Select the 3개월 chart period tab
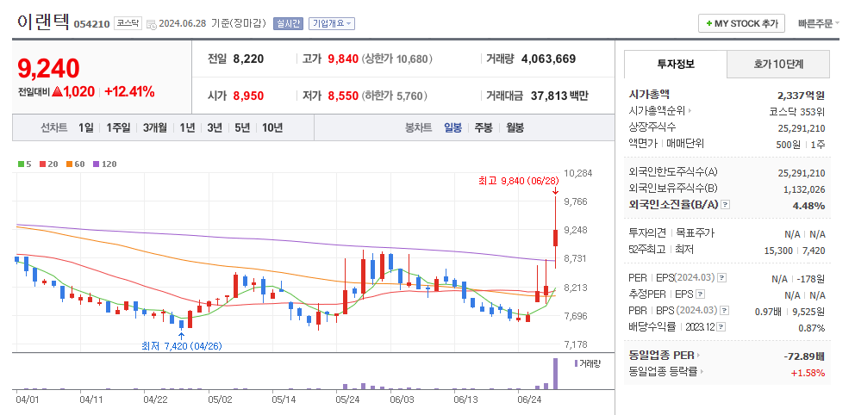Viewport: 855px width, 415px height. [x=155, y=127]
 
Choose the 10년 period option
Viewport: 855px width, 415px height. [x=272, y=127]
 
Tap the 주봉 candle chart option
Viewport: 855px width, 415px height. [x=483, y=127]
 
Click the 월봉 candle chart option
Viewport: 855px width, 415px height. [x=515, y=127]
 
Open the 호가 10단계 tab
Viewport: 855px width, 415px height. [x=778, y=64]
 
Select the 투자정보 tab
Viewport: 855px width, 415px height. [x=676, y=64]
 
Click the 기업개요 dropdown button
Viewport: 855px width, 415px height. [x=332, y=23]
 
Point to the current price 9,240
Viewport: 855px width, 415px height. [x=48, y=68]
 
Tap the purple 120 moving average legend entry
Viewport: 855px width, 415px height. [x=105, y=164]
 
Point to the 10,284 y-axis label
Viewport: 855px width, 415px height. [x=577, y=173]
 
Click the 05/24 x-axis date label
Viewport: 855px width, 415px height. [x=347, y=400]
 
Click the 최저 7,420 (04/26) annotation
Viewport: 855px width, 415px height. [x=182, y=346]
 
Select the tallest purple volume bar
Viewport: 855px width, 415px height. [x=555, y=374]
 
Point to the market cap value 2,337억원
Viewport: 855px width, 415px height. [x=801, y=95]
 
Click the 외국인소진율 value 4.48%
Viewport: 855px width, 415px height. [x=808, y=205]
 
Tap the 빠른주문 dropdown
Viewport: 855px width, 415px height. [x=818, y=23]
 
